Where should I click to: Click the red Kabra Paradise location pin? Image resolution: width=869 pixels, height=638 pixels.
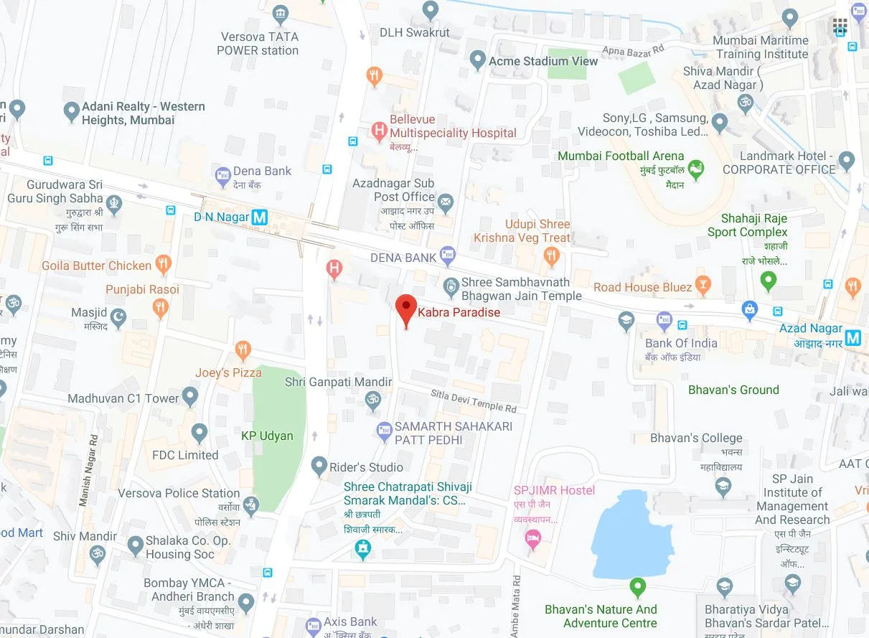406,310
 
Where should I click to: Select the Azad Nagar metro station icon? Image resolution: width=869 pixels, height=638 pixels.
852,337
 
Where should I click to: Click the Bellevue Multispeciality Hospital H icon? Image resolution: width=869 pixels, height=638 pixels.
379,131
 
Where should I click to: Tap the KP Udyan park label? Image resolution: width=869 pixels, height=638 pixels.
267,436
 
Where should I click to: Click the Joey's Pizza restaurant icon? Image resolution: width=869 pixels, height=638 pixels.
243,351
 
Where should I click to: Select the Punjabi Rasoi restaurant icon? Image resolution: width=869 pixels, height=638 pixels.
161,309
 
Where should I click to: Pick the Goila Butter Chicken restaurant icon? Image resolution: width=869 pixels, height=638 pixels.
164,265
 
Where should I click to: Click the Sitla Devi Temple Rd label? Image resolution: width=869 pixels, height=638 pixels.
474,400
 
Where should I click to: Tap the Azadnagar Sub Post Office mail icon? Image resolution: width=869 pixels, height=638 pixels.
446,202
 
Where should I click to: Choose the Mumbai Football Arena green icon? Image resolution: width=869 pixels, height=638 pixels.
695,170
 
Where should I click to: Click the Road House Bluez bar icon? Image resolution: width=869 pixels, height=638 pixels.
704,286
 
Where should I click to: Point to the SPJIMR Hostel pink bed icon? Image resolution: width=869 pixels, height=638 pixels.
532,540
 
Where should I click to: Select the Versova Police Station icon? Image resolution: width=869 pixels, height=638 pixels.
250,506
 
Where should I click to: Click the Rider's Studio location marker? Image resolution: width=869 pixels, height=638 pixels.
319,466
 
